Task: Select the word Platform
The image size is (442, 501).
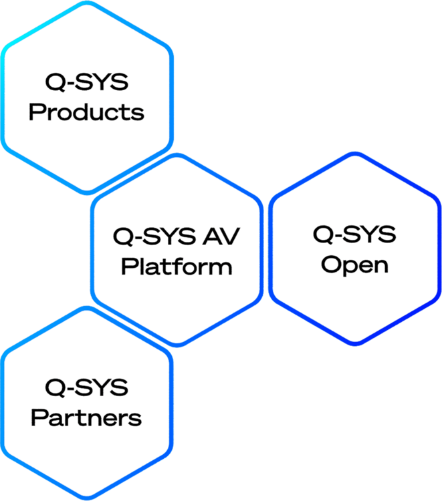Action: (177, 267)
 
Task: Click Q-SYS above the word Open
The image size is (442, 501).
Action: (354, 234)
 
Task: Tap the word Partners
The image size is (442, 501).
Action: (86, 417)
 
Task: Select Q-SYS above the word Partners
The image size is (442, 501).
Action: (86, 387)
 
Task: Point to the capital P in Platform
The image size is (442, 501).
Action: (129, 267)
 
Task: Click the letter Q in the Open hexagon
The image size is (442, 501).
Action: (322, 234)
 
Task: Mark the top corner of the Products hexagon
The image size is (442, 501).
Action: (86, 4)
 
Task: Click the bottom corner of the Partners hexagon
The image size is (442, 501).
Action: (86, 497)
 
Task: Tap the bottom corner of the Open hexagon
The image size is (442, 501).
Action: (354, 345)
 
